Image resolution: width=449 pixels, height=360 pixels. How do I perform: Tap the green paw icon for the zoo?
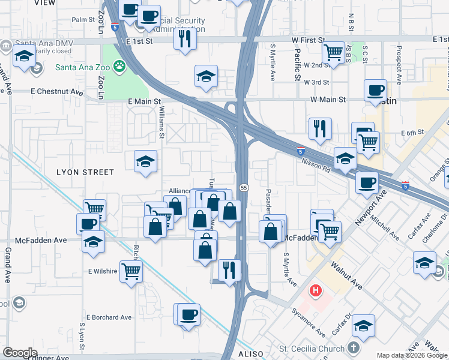[120, 66]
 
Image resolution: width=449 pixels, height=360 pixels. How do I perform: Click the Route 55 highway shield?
[244, 188]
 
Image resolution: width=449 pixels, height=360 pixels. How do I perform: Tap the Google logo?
[20, 353]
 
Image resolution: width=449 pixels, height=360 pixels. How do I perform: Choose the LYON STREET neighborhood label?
[85, 172]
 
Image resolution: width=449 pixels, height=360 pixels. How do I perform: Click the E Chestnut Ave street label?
[57, 92]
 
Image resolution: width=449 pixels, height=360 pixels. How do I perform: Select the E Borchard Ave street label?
[109, 317]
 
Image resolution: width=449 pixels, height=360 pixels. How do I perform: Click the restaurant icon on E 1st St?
[184, 39]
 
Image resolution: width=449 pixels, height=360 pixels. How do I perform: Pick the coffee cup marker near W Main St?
[375, 91]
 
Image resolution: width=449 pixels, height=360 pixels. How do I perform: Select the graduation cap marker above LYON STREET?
[145, 161]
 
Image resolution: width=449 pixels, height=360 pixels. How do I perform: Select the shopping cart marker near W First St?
[333, 52]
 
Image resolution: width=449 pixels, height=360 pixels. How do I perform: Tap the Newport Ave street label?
[367, 210]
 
